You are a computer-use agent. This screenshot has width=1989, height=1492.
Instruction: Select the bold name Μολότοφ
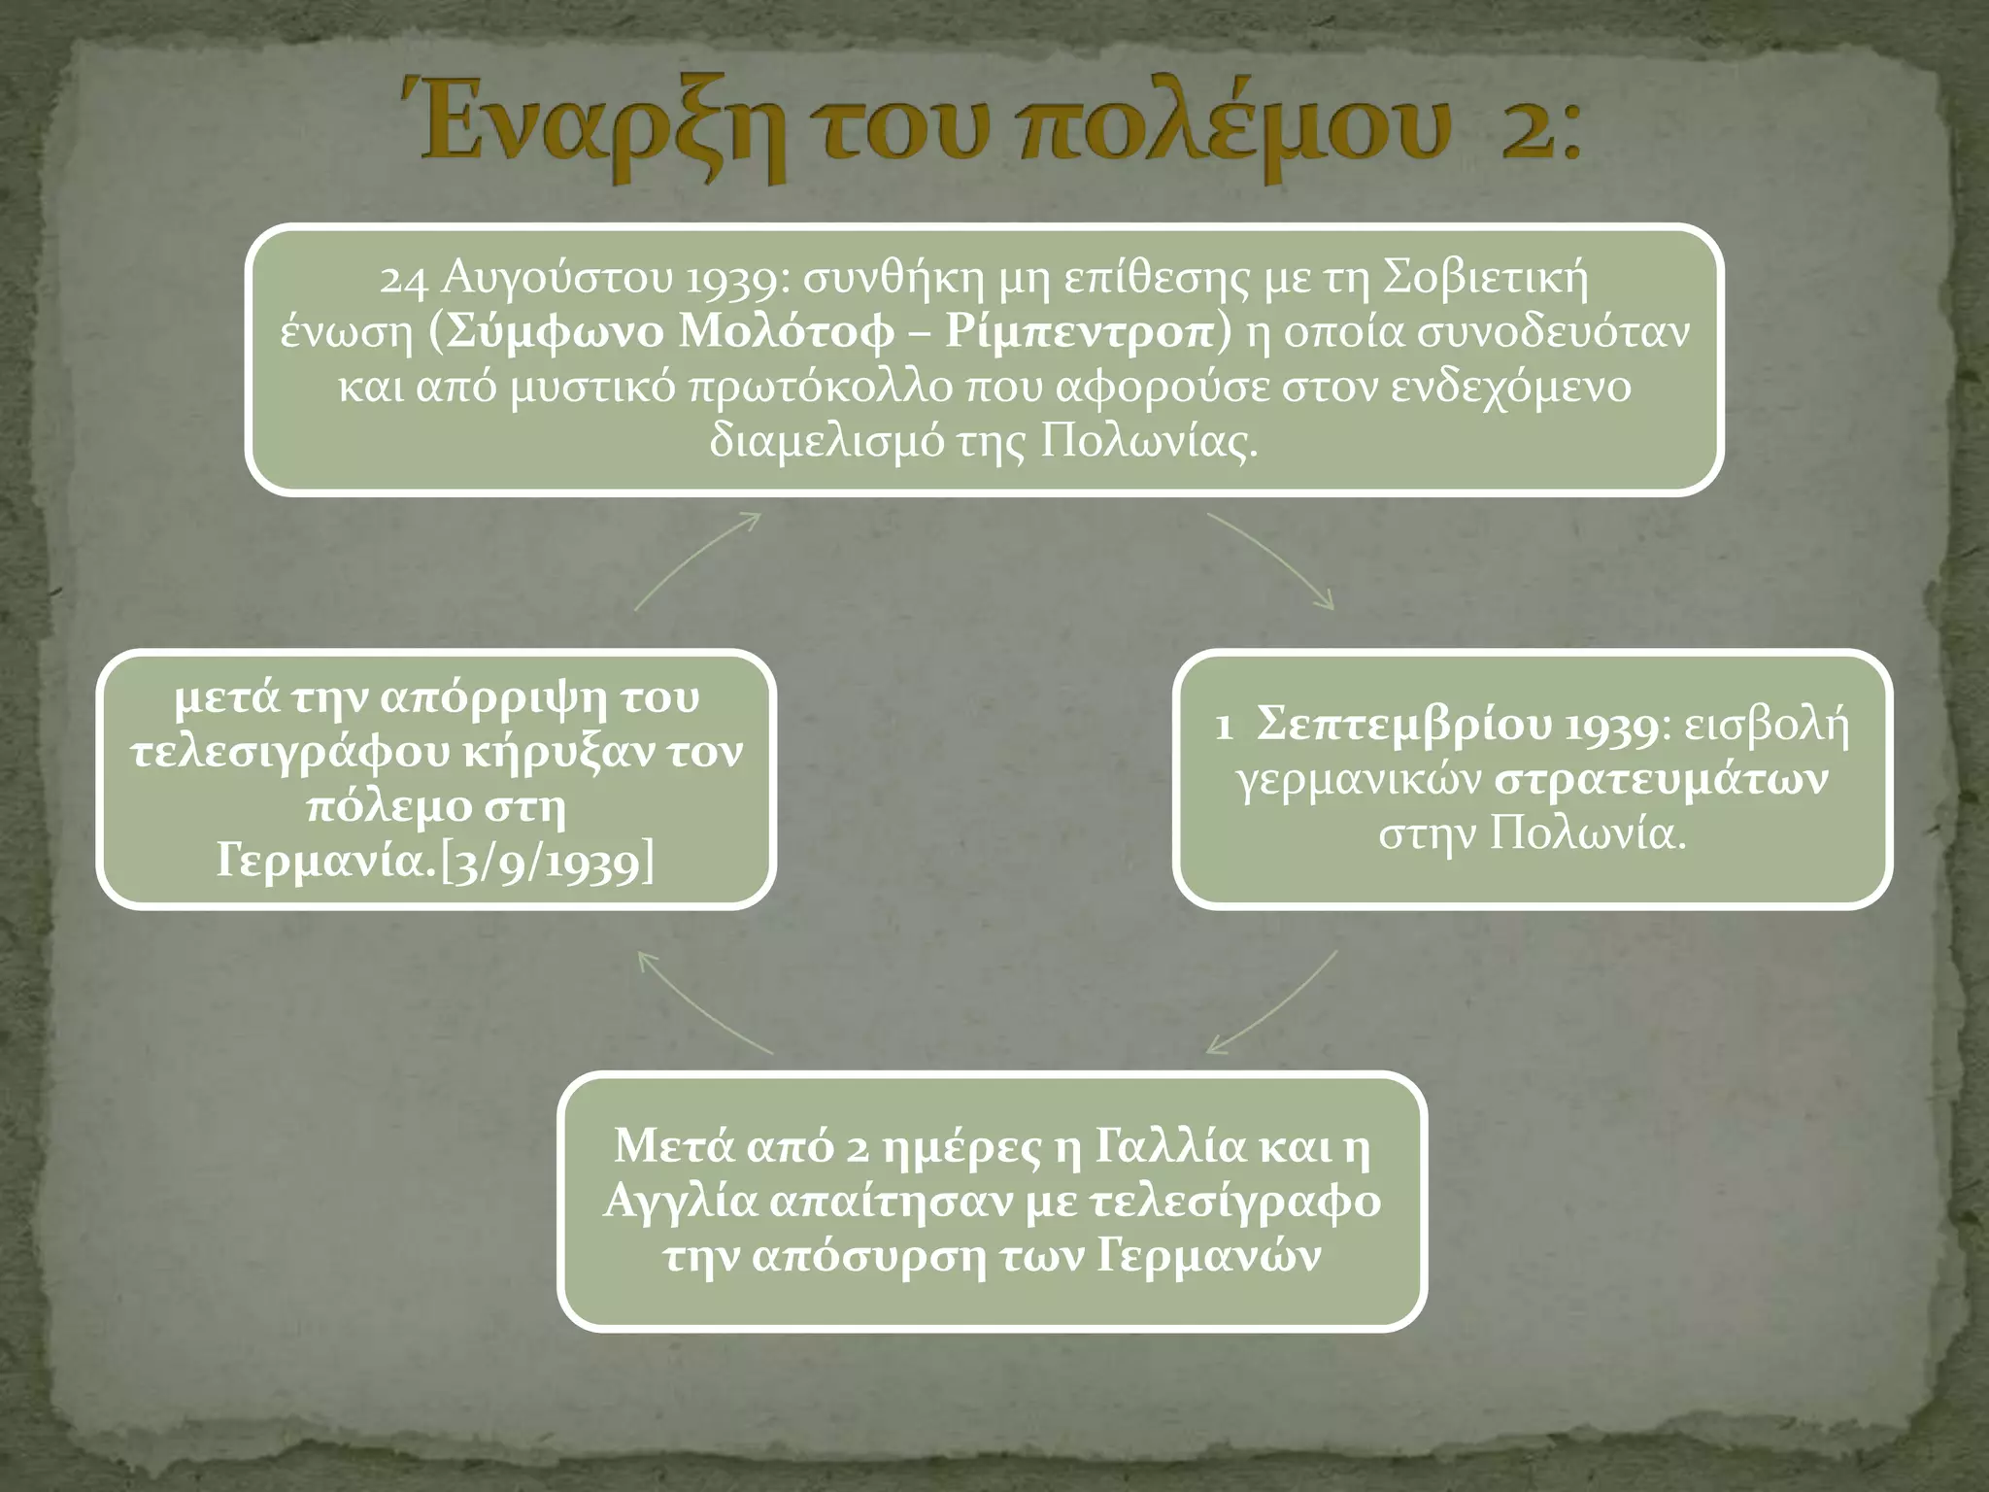click(786, 333)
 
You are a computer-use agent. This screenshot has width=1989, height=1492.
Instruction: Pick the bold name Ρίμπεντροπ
click(1080, 333)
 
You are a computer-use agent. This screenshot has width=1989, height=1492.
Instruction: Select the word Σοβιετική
click(1485, 279)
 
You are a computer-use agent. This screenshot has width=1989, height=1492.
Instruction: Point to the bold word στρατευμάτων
click(1661, 780)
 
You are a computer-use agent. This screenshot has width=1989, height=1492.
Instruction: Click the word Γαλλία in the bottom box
click(1169, 1146)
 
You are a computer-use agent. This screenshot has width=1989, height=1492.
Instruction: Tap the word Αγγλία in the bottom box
click(680, 1202)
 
